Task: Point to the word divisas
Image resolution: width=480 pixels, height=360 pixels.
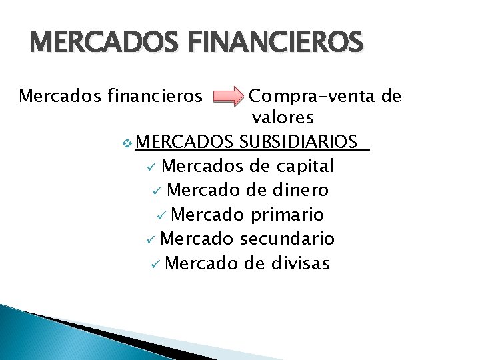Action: [301, 263]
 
